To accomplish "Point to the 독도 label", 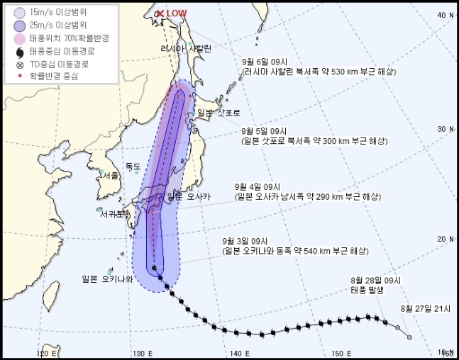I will click(x=133, y=167).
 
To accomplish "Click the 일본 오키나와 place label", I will click(x=107, y=279).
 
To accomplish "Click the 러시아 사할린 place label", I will click(x=186, y=48).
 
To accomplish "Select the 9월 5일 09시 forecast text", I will click(x=264, y=130).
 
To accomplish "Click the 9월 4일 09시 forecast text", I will click(x=257, y=188).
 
